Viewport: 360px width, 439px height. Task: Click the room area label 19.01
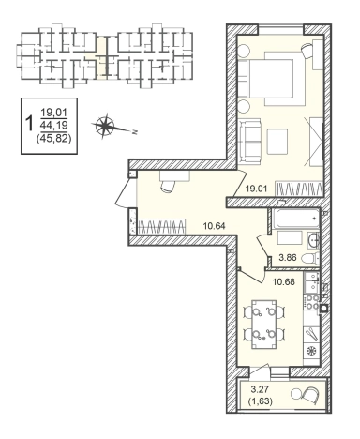255,189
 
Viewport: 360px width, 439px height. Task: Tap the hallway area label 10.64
214,225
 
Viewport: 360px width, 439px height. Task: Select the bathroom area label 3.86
287,258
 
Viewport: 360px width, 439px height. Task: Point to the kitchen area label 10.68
284,281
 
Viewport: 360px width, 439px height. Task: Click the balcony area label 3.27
260,389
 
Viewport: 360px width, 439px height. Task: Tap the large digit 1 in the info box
30,124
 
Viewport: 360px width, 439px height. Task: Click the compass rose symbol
106,126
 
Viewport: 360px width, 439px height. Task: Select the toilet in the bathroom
310,258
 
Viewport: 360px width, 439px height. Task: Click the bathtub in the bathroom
295,219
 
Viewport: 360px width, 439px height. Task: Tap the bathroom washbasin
313,240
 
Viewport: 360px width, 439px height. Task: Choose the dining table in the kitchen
264,325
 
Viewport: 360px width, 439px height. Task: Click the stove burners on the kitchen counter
311,302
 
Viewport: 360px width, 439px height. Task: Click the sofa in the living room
250,142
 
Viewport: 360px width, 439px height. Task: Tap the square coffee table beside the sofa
277,142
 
